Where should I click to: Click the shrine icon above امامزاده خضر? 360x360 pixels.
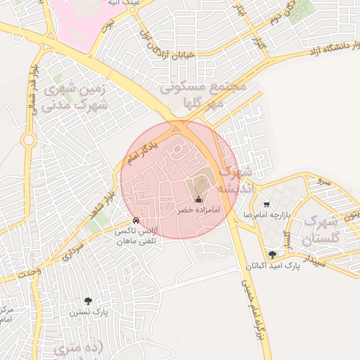coord(196,199)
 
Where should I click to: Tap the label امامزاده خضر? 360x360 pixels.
coord(197,211)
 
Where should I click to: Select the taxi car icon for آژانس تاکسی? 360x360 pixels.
coord(146,220)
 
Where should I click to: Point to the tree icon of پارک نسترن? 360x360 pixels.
coord(87,300)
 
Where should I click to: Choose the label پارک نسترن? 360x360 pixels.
coord(89,311)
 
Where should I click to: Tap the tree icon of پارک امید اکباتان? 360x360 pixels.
coord(272,255)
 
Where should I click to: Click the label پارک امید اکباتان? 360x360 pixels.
coord(272,266)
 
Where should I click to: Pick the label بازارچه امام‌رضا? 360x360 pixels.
coord(266,214)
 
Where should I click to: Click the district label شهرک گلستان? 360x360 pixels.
coord(321,230)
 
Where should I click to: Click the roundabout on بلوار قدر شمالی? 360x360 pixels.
coord(29,140)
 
